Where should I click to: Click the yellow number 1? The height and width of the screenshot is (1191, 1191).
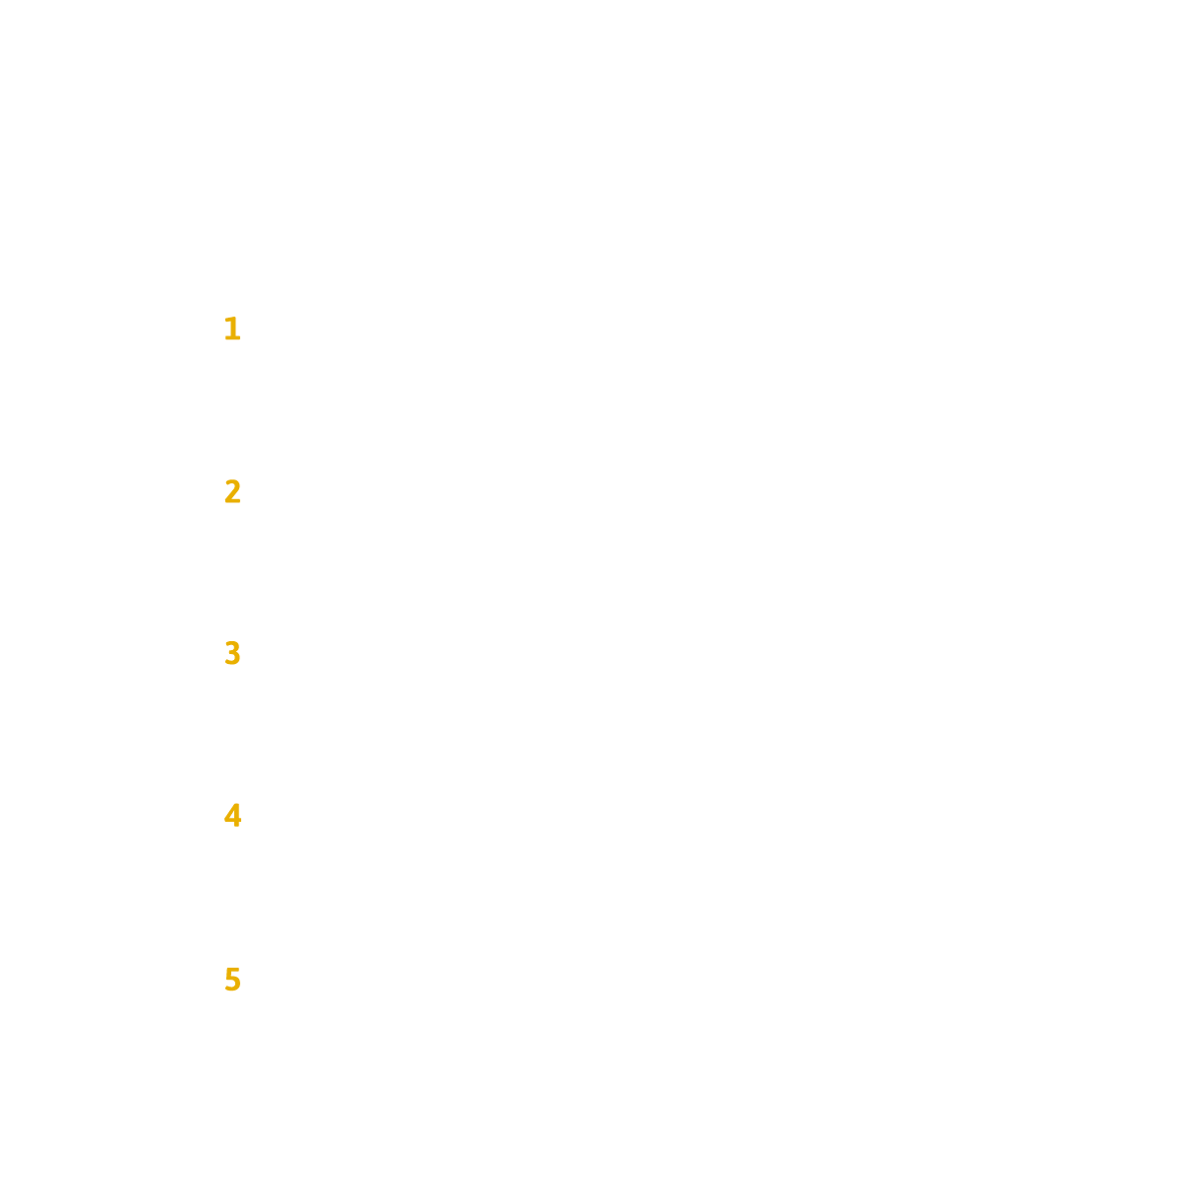(x=233, y=329)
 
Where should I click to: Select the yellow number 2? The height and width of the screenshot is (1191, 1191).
(x=232, y=491)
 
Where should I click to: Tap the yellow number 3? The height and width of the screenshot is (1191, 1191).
(x=232, y=653)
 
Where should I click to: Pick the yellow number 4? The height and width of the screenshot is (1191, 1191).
(x=233, y=815)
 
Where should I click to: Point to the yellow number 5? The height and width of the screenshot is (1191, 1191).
(x=233, y=979)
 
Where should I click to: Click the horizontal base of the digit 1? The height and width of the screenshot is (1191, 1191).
(x=232, y=337)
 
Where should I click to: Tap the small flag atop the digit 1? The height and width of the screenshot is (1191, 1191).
(x=228, y=319)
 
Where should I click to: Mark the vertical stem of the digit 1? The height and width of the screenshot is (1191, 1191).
(x=234, y=328)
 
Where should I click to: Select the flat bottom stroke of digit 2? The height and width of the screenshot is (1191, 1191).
(x=233, y=500)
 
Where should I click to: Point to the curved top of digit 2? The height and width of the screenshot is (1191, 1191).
(x=233, y=482)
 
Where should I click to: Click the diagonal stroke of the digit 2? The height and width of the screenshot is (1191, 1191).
(x=232, y=493)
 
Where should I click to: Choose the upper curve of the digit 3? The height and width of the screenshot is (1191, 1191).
(x=233, y=646)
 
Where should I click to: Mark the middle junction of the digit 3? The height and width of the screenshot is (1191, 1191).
(x=232, y=653)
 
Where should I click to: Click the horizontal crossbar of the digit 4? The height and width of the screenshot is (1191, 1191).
(x=232, y=820)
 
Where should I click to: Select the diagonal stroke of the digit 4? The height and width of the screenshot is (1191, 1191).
(x=229, y=811)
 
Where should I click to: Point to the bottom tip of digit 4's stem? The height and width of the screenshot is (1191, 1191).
(x=236, y=827)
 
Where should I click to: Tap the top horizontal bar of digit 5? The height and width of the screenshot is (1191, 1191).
(x=233, y=970)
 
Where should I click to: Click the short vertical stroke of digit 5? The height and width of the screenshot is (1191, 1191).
(x=228, y=973)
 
